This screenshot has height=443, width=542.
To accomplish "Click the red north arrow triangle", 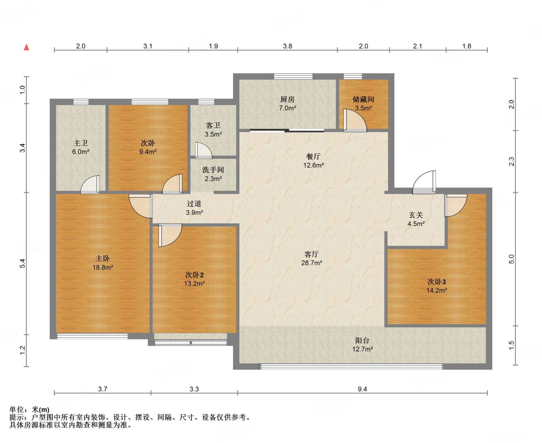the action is [26, 47].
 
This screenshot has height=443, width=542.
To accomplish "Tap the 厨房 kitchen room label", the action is [287, 99].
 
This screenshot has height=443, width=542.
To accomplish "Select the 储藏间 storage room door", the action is [355, 120].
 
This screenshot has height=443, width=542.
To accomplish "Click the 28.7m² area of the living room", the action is [311, 263].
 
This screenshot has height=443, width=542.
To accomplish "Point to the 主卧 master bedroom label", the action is [103, 258].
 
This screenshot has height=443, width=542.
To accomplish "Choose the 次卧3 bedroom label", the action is [437, 281].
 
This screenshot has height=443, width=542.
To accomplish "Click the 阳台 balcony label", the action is [362, 340].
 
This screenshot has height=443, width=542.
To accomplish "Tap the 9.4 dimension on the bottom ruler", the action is [362, 389].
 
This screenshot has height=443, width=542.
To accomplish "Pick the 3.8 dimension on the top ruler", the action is [287, 46].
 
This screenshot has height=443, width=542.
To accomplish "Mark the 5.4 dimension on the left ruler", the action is [22, 263].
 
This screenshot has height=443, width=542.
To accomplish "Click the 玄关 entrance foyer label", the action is [416, 215].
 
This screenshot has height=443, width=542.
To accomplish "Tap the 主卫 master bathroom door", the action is [90, 185].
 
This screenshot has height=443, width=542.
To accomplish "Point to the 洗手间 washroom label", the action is [213, 170].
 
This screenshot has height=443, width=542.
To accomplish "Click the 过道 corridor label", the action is [194, 203].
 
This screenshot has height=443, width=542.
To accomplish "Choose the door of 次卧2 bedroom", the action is [170, 235].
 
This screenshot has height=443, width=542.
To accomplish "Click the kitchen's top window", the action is [293, 77].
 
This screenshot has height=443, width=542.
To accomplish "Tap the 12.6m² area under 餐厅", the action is [314, 165].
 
